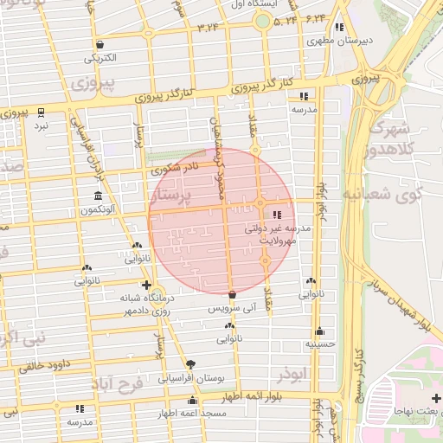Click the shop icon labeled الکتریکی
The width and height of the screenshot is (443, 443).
(x=101, y=45)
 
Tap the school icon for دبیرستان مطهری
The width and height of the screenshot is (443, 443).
(x=339, y=27)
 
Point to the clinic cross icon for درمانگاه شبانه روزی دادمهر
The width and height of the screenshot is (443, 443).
(x=146, y=285)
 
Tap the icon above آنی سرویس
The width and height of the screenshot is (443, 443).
(x=232, y=295)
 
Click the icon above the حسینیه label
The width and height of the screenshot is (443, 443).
(x=319, y=331)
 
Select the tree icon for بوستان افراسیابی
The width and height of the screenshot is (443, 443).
(x=190, y=364)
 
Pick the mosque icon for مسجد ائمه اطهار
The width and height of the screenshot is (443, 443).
(x=192, y=401)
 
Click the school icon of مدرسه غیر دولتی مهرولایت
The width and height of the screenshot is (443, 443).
(x=277, y=214)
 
